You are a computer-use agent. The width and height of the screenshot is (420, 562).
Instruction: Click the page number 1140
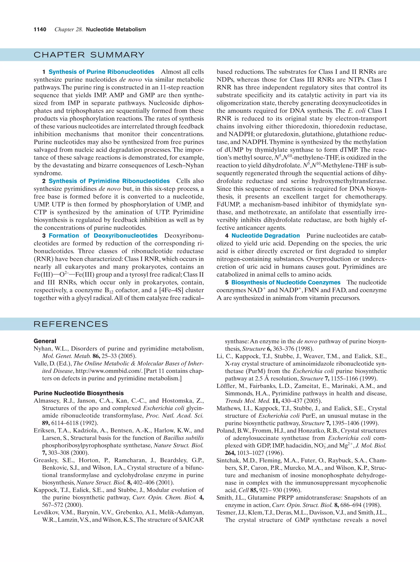pos(40,30)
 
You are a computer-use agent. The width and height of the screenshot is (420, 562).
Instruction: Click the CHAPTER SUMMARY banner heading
pos(89,55)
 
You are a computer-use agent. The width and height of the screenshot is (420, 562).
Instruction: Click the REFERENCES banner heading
pos(71,324)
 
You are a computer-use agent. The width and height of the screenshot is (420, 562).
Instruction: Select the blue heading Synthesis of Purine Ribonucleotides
pos(101,72)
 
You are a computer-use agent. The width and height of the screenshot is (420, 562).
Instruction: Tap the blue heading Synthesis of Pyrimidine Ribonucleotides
pos(109,181)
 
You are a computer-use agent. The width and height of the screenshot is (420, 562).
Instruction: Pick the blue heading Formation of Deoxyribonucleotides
pos(103,236)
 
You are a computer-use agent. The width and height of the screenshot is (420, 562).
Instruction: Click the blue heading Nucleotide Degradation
pos(266,236)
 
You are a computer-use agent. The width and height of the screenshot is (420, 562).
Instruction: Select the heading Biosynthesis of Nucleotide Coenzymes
pos(286,283)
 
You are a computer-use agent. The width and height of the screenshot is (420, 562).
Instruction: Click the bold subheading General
pos(45,341)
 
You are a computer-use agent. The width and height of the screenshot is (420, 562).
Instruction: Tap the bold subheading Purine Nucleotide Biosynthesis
pos(79,393)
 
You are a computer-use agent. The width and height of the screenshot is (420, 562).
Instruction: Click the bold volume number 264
pos(230,453)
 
